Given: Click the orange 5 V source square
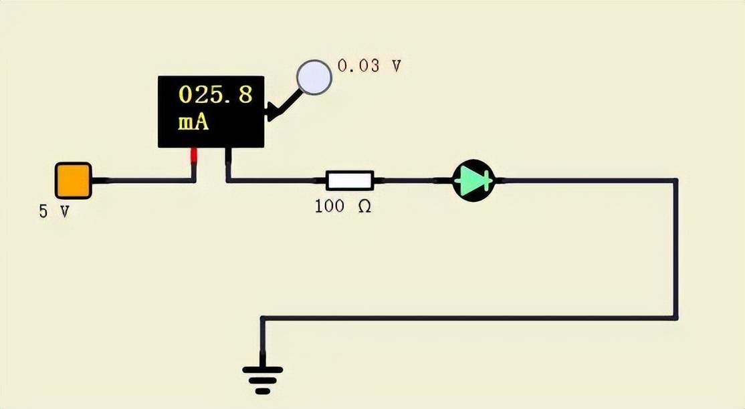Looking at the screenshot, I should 73,180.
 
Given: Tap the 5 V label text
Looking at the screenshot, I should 54,212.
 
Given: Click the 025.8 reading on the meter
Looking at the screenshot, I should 215,95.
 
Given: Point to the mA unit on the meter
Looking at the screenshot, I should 193,123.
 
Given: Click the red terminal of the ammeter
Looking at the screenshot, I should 195,156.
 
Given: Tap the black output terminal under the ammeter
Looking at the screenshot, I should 228,156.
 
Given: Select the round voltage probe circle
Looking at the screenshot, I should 314,77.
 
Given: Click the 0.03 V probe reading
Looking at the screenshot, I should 369,65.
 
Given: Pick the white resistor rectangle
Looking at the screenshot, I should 349,180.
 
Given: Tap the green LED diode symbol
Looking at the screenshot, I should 473,180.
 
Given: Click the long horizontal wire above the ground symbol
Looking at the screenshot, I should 468,318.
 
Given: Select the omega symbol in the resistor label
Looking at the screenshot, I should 364,207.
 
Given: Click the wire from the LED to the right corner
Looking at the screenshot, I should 589,180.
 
